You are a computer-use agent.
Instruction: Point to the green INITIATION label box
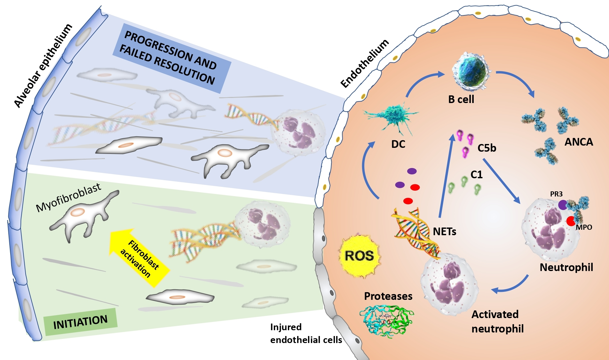coord(81,322)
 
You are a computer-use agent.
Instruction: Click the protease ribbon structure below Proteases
coord(387,320)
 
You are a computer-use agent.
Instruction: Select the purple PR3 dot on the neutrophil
coord(563,205)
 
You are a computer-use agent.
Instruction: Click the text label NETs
coord(444,231)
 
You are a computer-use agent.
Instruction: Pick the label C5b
coord(486,148)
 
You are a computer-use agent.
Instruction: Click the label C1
coord(476,175)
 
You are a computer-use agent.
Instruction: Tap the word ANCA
coord(578,142)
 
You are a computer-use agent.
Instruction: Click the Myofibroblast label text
coord(68,197)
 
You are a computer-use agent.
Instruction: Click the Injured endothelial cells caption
coord(305,333)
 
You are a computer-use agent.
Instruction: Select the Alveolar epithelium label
coord(43,66)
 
